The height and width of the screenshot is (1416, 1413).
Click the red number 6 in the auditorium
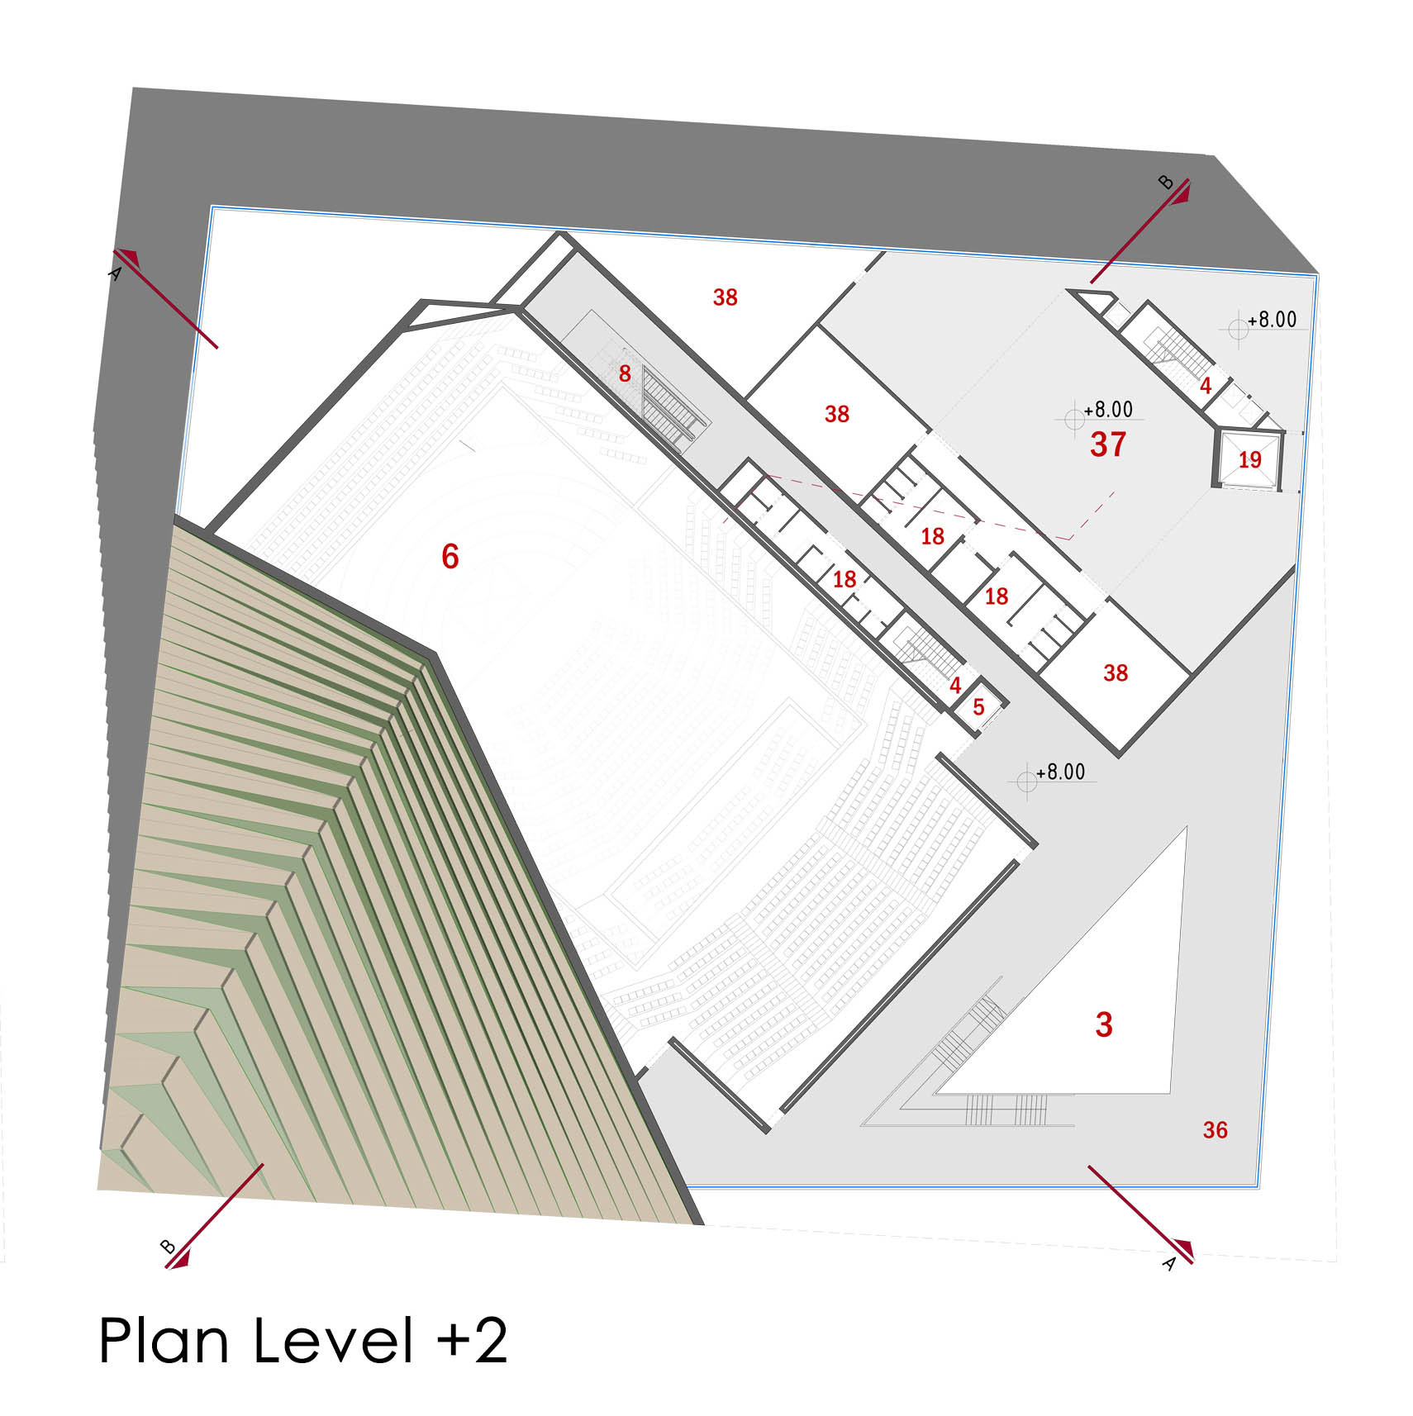[x=450, y=556]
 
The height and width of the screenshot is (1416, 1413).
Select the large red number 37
[x=1108, y=444]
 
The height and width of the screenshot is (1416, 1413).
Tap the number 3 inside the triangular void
[x=1104, y=1024]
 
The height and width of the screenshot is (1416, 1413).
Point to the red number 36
[x=1215, y=1130]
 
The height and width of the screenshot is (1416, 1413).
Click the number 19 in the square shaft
[x=1249, y=459]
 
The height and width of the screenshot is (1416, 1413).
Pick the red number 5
[x=978, y=707]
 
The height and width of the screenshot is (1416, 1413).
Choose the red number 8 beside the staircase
[x=625, y=374]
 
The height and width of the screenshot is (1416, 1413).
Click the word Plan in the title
[x=164, y=1340]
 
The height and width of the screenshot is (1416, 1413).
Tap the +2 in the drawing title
[x=473, y=1340]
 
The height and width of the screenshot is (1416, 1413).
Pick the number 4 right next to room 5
[x=955, y=686]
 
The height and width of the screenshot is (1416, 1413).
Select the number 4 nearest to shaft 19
[x=1206, y=385]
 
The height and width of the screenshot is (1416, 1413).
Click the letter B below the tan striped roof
[x=168, y=1247]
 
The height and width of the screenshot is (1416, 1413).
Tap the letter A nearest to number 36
[x=1169, y=1263]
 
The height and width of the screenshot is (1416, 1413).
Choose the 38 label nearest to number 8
[x=725, y=297]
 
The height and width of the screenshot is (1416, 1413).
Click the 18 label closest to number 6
[x=844, y=579]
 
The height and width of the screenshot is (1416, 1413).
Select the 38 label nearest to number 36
[x=1116, y=673]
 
